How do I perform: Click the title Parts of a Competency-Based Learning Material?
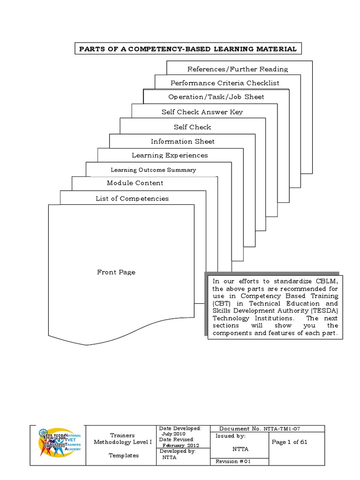pyautogui.click(x=188, y=49)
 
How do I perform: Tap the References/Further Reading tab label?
pyautogui.click(x=238, y=69)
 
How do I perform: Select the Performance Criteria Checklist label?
pyautogui.click(x=225, y=83)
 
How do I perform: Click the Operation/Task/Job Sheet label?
pyautogui.click(x=216, y=97)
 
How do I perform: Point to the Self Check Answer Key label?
pyautogui.click(x=202, y=112)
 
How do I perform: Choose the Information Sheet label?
pyautogui.click(x=183, y=141)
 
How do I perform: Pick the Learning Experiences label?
pyautogui.click(x=170, y=155)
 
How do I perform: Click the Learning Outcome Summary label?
pyautogui.click(x=153, y=170)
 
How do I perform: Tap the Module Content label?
pyautogui.click(x=135, y=183)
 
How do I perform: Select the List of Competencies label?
pyautogui.click(x=132, y=198)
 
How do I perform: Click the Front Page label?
pyautogui.click(x=116, y=272)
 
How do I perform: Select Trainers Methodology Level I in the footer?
pyautogui.click(x=122, y=439)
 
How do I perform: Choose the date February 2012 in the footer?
pyautogui.click(x=181, y=445)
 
